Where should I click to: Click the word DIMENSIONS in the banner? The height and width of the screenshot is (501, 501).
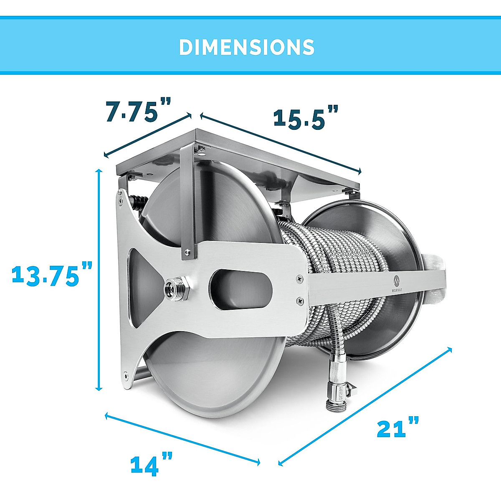click(247, 47)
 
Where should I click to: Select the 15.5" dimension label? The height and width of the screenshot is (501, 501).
click(305, 117)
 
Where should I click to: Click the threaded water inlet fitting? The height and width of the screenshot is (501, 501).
click(172, 287)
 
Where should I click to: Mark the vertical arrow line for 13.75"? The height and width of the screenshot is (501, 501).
click(99, 280)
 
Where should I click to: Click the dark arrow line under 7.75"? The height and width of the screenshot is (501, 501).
click(147, 136)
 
